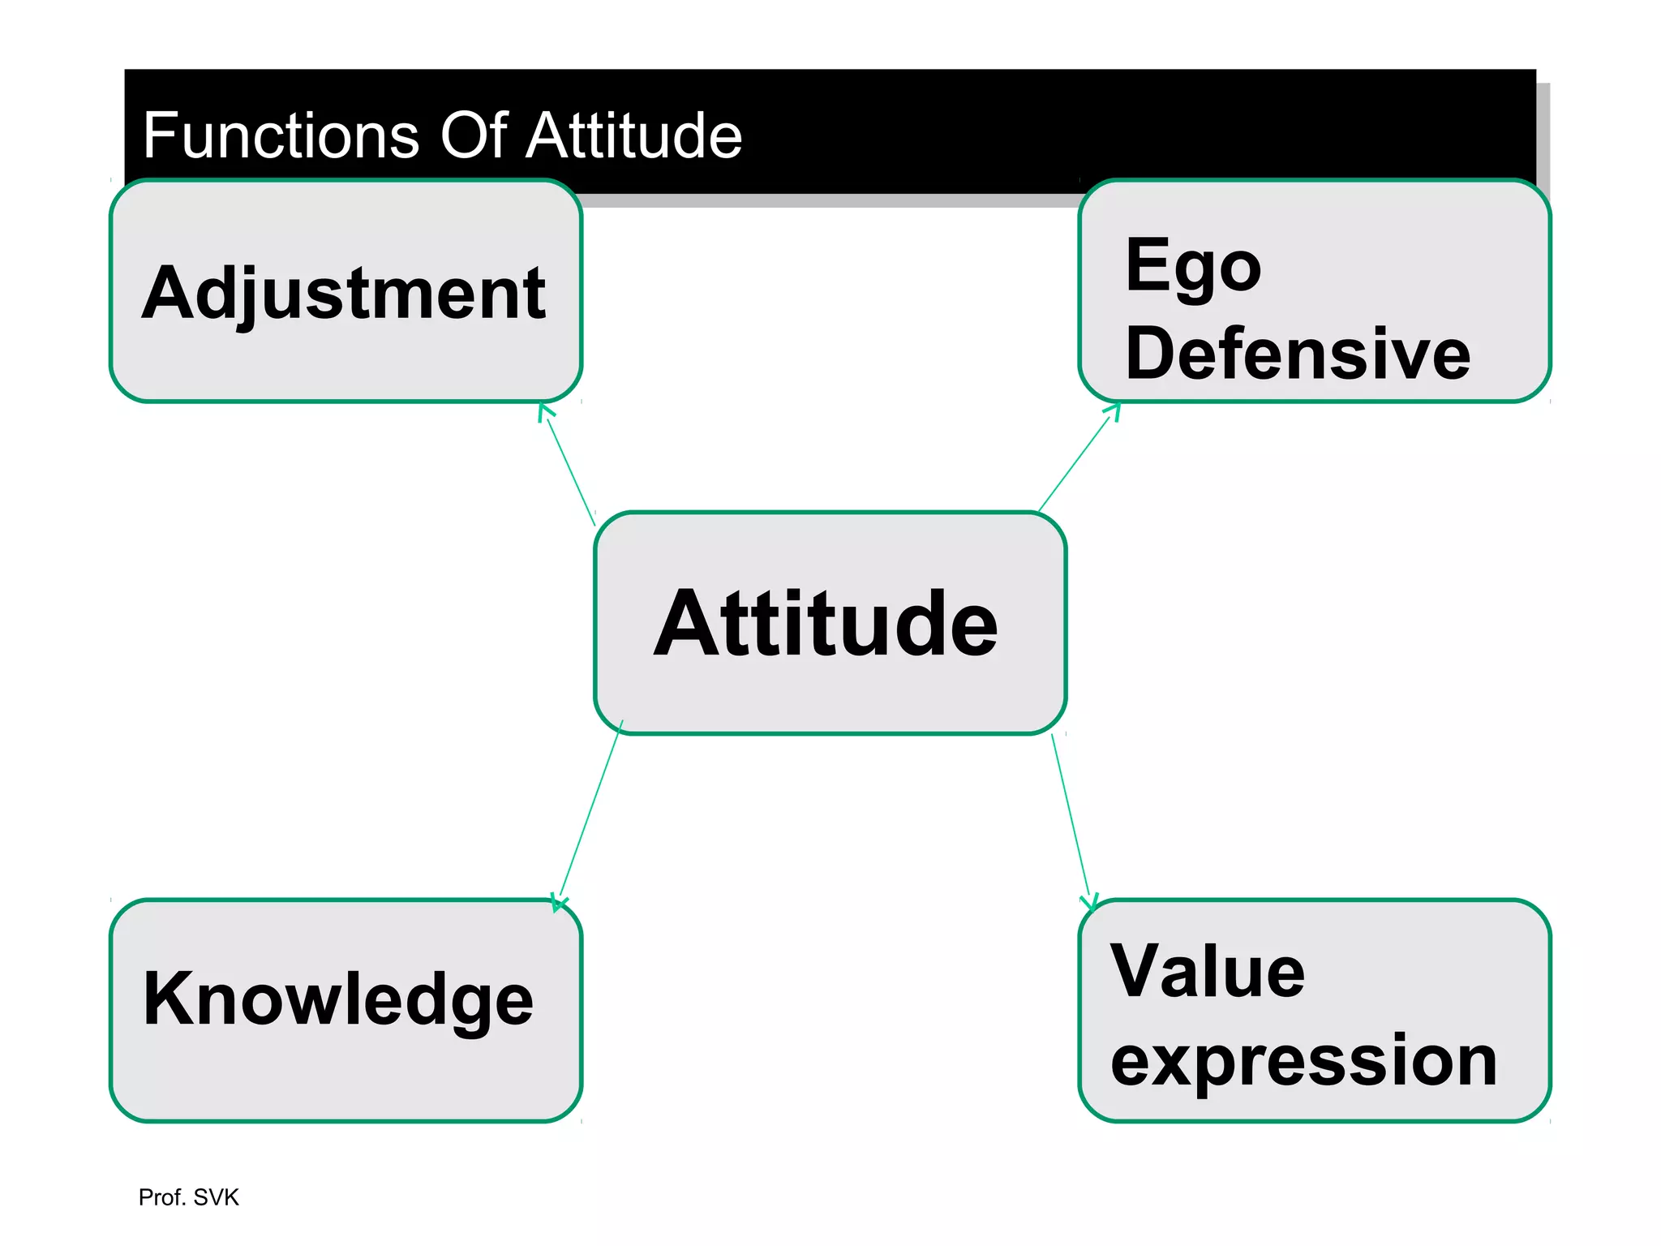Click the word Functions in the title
pos(281,135)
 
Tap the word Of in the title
pos(474,135)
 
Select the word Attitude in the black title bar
pos(633,135)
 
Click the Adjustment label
pos(344,294)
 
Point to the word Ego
pos(1193,268)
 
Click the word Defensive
pos(1298,354)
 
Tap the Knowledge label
pos(338,999)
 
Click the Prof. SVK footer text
pos(188,1197)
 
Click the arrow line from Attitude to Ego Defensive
pos(1075,460)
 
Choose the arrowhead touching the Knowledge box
pos(559,902)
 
